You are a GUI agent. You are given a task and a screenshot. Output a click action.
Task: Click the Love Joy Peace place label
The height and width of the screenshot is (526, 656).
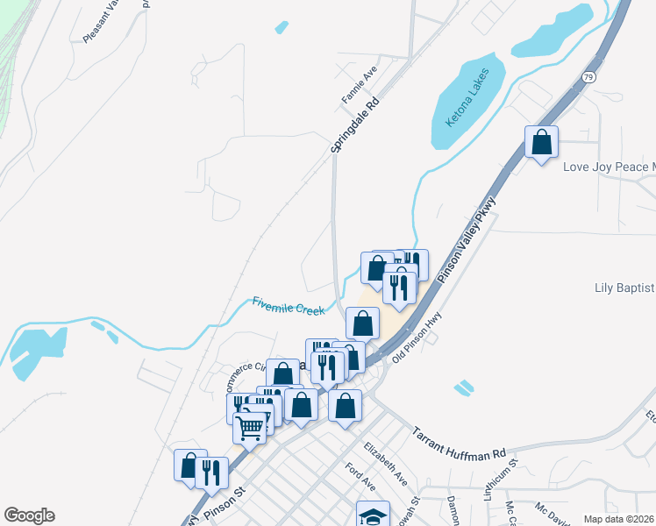pyautogui.click(x=609, y=167)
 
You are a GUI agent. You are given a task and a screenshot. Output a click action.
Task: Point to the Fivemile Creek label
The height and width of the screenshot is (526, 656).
pyautogui.click(x=288, y=304)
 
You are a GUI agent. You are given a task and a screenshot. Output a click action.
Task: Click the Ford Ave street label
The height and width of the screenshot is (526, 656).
pyautogui.click(x=360, y=478)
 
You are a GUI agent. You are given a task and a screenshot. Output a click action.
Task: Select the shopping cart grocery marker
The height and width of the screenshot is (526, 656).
pyautogui.click(x=250, y=428)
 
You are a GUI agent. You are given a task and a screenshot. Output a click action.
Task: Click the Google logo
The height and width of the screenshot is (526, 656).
pyautogui.click(x=29, y=515)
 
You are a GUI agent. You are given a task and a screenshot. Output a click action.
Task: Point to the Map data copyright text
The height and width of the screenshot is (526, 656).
pyautogui.click(x=619, y=519)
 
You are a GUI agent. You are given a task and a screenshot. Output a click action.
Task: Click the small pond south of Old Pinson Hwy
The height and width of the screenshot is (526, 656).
pyautogui.click(x=463, y=386)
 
